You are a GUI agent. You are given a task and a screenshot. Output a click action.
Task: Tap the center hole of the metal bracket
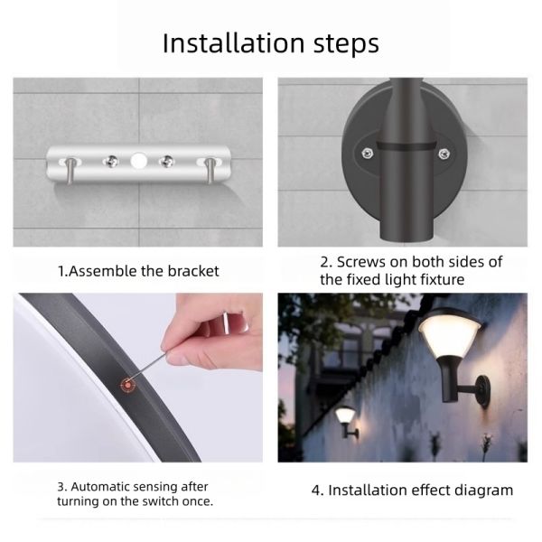tap(138, 163)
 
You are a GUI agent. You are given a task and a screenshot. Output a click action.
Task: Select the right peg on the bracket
tap(210, 166)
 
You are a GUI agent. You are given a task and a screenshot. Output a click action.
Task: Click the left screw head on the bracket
tap(107, 162)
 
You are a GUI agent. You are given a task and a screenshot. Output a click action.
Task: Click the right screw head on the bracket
tap(168, 162)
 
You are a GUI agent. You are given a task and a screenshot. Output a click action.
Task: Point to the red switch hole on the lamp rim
tap(126, 385)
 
